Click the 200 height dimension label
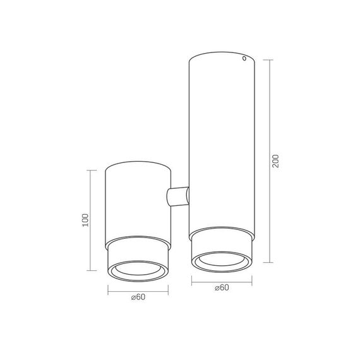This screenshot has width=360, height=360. click(x=275, y=161)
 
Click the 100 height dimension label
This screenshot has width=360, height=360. click(x=85, y=220)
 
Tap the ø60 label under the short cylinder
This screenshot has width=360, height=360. click(x=138, y=297)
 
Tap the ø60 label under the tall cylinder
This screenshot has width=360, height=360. click(x=222, y=287)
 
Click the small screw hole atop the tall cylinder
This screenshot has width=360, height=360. click(x=244, y=58)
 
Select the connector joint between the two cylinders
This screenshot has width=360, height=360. click(x=177, y=196)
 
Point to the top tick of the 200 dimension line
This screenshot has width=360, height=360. click(x=268, y=60)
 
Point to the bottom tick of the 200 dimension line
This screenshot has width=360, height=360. click(x=268, y=262)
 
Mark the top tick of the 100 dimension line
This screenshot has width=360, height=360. click(x=92, y=171)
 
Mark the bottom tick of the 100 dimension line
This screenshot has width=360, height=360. click(x=92, y=270)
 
